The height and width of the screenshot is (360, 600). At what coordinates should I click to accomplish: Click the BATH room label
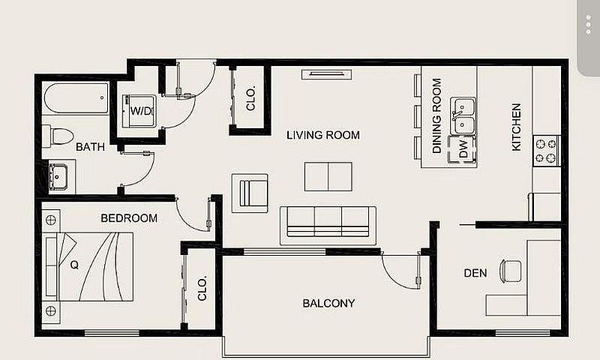(x=90, y=147)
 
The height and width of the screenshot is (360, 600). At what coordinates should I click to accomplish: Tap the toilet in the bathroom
(x=58, y=136)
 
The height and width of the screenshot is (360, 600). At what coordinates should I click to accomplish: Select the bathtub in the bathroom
(x=76, y=98)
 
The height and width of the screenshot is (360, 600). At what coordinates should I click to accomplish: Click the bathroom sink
(x=58, y=176)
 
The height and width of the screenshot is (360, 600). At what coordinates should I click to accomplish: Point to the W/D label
(x=141, y=111)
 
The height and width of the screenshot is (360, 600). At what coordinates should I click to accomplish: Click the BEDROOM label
(x=129, y=218)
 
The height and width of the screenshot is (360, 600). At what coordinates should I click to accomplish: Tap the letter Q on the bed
(x=74, y=265)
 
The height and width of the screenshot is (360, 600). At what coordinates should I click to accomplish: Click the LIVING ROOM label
(x=323, y=135)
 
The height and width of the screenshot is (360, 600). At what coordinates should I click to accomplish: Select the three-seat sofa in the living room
(x=328, y=226)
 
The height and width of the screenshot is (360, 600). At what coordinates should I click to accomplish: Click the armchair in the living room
(x=250, y=193)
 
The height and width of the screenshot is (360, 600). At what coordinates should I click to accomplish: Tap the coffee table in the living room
(x=328, y=176)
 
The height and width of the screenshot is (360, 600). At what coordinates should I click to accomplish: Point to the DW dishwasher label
(x=463, y=148)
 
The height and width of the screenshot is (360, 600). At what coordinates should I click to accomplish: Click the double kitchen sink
(x=463, y=116)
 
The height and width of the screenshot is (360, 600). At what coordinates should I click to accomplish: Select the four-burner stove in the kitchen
(x=547, y=151)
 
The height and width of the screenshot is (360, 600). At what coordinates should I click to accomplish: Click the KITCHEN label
(x=516, y=127)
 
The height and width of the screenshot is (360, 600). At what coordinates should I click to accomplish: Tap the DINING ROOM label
(x=436, y=115)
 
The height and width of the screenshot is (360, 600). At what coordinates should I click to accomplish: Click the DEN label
(x=475, y=273)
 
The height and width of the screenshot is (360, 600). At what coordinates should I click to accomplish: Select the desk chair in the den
(x=511, y=271)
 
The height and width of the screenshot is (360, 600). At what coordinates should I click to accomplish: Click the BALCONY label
(x=328, y=304)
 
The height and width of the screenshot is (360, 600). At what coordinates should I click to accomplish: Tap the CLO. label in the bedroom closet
(x=202, y=288)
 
